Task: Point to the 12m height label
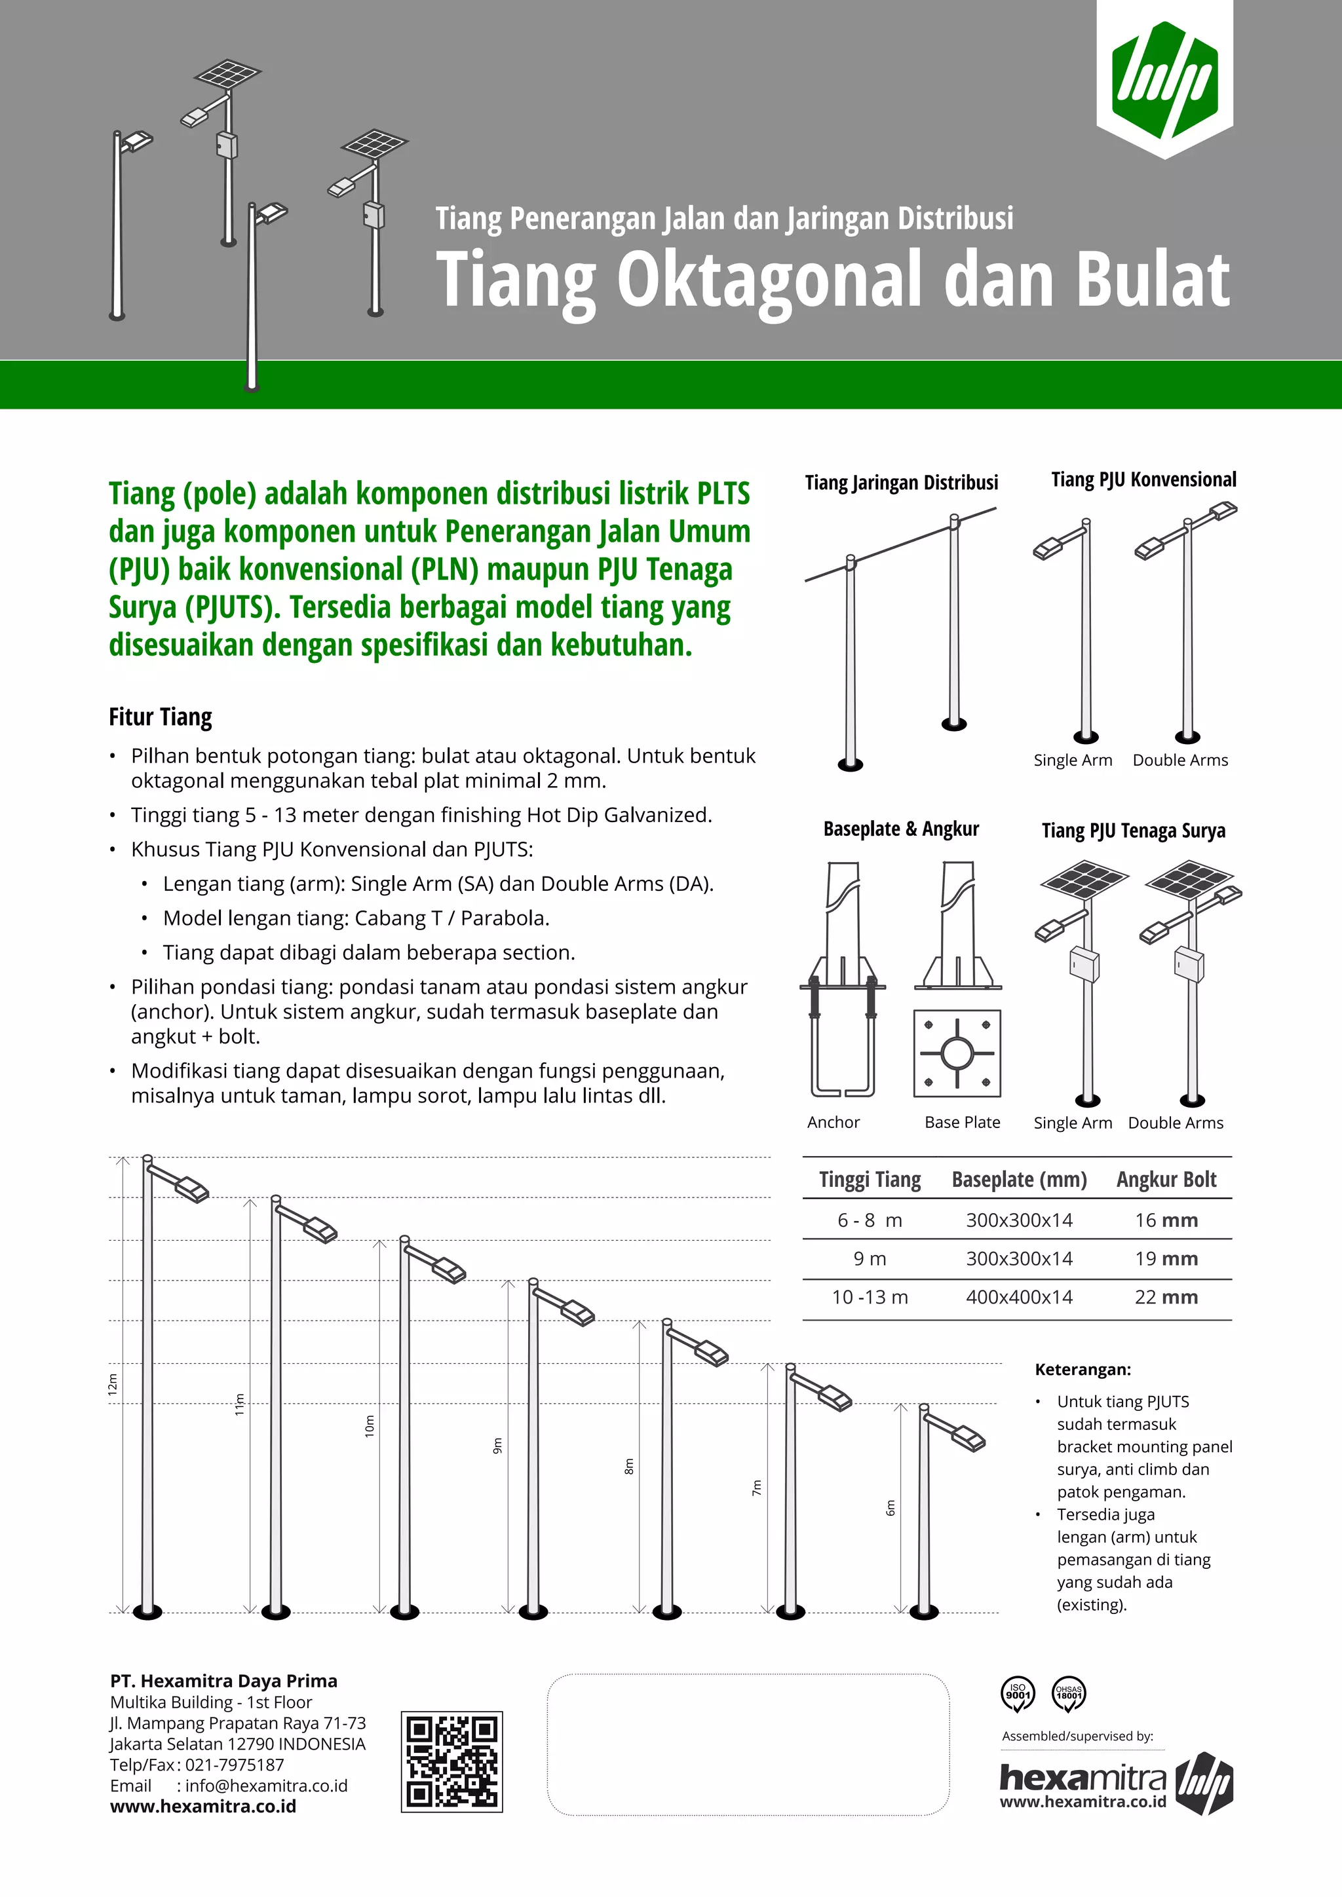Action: [x=113, y=1385]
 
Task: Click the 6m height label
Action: [x=890, y=1508]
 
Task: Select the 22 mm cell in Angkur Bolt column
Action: [x=1165, y=1297]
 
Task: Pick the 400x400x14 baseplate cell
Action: [x=1019, y=1297]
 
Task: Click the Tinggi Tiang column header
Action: [x=870, y=1180]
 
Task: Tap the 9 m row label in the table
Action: [x=870, y=1259]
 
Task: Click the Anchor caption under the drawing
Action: [x=833, y=1122]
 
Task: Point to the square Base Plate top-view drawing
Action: [x=957, y=1053]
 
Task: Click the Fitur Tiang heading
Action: [x=161, y=717]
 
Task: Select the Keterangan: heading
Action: [x=1083, y=1369]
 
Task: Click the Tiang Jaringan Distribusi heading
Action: [x=902, y=483]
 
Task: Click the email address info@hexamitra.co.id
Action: [x=266, y=1786]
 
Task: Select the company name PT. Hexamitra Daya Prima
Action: [x=224, y=1681]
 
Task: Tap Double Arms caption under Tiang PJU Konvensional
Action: [x=1180, y=760]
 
